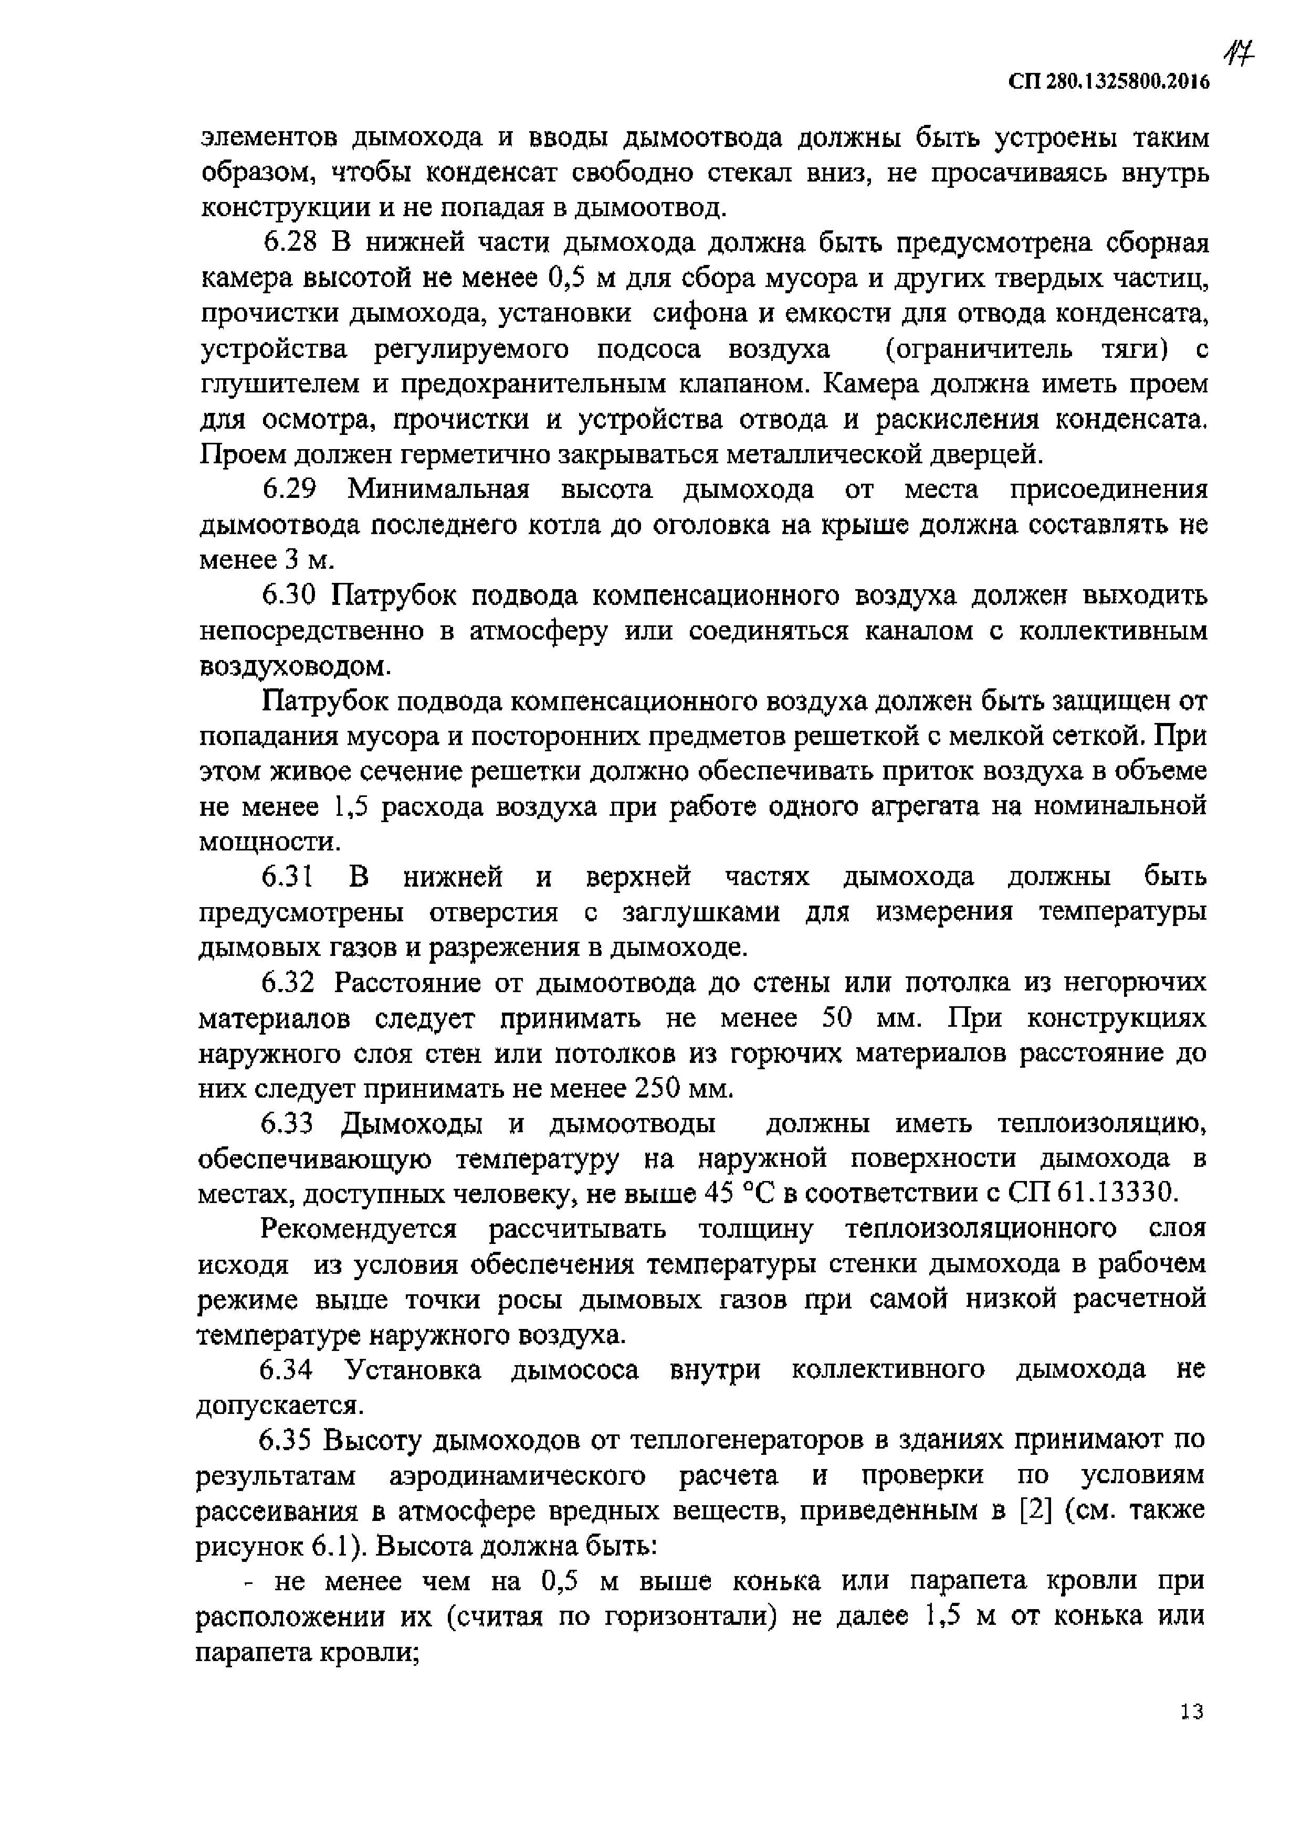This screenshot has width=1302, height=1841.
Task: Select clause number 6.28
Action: (292, 243)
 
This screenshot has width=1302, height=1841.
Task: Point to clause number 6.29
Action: (292, 489)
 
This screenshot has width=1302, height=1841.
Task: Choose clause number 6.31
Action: (287, 876)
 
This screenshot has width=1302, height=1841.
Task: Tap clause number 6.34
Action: (287, 1369)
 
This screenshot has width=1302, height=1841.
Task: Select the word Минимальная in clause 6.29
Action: (438, 489)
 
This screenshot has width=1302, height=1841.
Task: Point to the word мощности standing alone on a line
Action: (269, 842)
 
